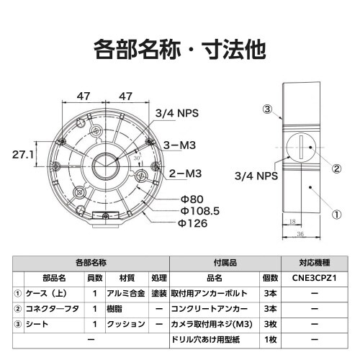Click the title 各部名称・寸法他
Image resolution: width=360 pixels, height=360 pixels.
[180, 50]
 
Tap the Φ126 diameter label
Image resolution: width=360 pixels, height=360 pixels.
[192, 223]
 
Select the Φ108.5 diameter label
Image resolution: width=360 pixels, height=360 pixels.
[199, 211]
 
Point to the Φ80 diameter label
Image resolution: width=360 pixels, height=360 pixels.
[191, 198]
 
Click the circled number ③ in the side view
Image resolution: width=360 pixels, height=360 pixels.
[266, 110]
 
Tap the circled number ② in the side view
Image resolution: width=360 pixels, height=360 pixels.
[336, 170]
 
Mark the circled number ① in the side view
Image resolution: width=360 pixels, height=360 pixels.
[336, 214]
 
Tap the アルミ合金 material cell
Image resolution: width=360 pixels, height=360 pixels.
[127, 293]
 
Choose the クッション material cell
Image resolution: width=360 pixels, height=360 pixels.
[127, 325]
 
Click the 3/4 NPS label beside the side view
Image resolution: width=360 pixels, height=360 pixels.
[256, 175]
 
